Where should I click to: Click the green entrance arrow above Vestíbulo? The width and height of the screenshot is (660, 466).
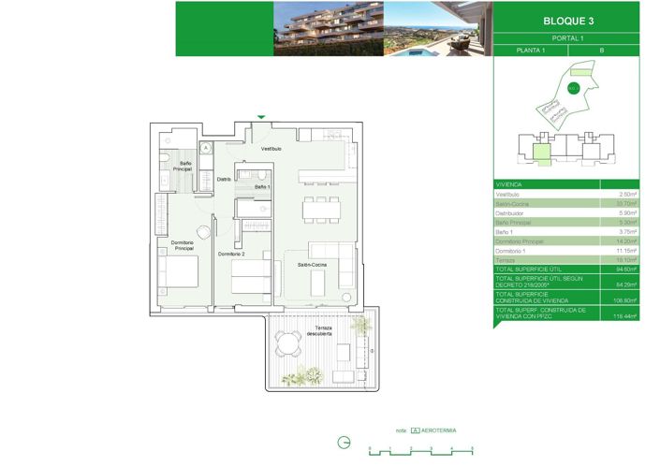pyautogui.click(x=261, y=117)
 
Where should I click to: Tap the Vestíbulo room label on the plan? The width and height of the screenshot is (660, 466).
pyautogui.click(x=271, y=149)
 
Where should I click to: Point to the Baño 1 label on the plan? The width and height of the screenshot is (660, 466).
pyautogui.click(x=262, y=187)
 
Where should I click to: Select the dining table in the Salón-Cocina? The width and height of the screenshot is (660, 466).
pyautogui.click(x=321, y=210)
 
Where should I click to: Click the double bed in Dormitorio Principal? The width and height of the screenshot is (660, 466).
pyautogui.click(x=178, y=272)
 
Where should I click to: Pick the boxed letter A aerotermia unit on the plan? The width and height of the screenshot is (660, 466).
pyautogui.click(x=206, y=147)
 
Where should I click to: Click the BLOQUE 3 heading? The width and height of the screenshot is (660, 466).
pyautogui.click(x=567, y=20)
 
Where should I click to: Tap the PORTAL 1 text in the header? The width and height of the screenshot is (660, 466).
pyautogui.click(x=566, y=37)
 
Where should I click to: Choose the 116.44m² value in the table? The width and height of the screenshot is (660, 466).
pyautogui.click(x=624, y=316)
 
